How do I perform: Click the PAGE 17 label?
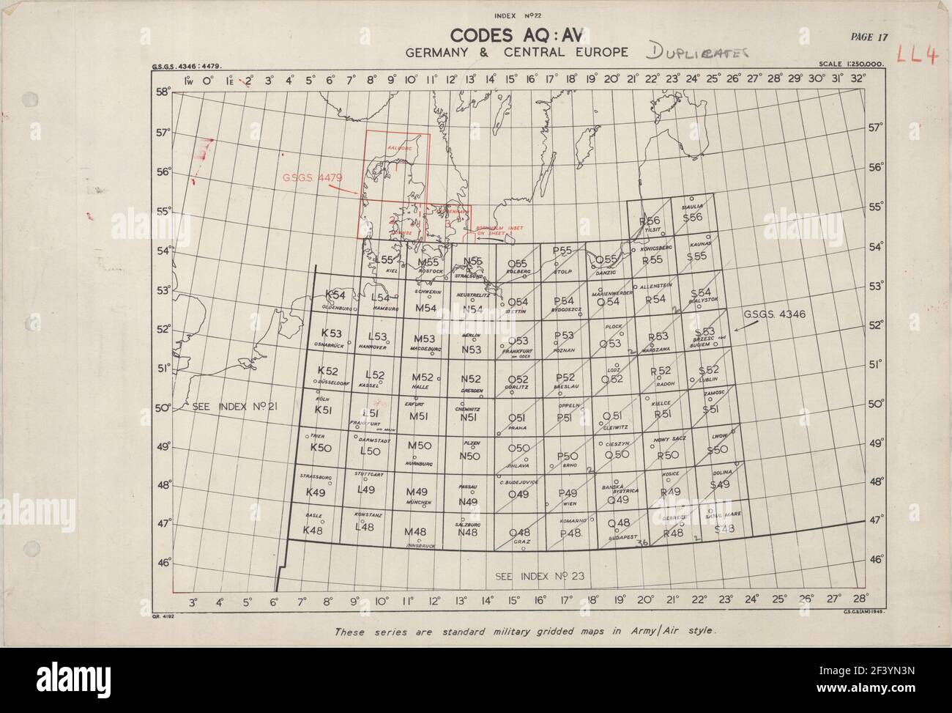coord(869,37)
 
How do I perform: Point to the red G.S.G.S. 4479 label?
coord(308,177)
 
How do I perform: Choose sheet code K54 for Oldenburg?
coord(335,295)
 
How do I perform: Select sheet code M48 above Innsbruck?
coord(415,531)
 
